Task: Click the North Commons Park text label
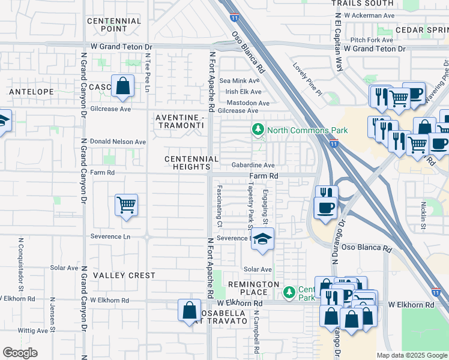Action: point(307,130)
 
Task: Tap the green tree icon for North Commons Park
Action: point(258,130)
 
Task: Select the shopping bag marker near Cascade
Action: point(122,86)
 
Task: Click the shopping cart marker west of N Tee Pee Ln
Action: point(126,206)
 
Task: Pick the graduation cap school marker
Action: point(262,239)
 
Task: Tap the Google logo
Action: point(20,353)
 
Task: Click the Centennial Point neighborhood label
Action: point(114,25)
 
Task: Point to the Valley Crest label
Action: point(124,275)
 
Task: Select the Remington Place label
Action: point(253,288)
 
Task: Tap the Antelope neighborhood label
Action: point(30,92)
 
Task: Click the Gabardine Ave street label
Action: point(253,165)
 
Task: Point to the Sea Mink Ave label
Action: point(240,80)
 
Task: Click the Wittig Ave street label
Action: point(33,331)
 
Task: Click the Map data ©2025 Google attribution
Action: point(412,355)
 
